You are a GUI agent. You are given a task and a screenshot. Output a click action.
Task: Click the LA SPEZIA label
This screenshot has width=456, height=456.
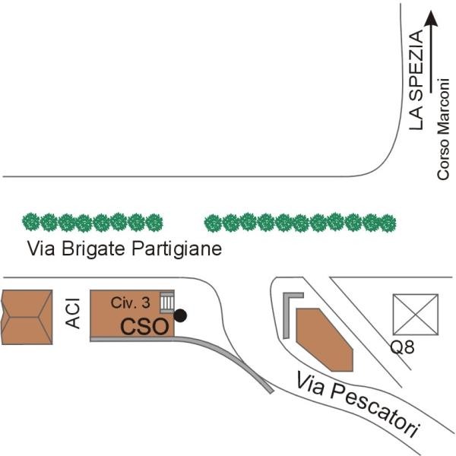point(416,80)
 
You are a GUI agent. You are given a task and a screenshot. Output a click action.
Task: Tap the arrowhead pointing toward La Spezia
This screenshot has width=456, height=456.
point(430,18)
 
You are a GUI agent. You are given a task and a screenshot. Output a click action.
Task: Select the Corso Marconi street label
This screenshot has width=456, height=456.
point(443,129)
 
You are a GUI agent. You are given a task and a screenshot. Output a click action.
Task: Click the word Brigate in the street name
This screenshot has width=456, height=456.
point(93,249)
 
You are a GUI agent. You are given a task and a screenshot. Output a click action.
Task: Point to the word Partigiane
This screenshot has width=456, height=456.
point(177,249)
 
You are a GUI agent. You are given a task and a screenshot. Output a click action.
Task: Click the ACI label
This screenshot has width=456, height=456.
point(73,313)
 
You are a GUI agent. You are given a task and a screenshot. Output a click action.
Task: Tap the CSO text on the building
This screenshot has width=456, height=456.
point(144,327)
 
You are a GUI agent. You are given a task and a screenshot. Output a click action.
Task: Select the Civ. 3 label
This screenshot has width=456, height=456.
point(130,302)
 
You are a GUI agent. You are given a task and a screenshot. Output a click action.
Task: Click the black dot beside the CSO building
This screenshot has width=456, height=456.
point(180,315)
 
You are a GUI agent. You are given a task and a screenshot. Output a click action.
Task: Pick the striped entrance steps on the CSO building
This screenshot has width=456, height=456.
point(167,302)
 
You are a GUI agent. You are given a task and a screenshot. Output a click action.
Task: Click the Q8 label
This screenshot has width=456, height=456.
point(402,347)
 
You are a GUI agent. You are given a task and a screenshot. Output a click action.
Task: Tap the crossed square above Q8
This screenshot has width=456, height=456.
point(416,315)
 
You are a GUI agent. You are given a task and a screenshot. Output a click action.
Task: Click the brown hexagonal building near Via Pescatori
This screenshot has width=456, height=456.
point(325,340)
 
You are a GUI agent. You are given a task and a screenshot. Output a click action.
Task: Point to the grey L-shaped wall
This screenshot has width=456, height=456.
point(287,311)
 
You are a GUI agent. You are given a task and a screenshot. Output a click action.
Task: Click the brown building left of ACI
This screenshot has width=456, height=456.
point(27,317)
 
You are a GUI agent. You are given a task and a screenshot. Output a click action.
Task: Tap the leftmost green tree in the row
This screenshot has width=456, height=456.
point(31,222)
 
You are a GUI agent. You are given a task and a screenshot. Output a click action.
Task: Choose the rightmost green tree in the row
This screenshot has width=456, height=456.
point(388,223)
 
